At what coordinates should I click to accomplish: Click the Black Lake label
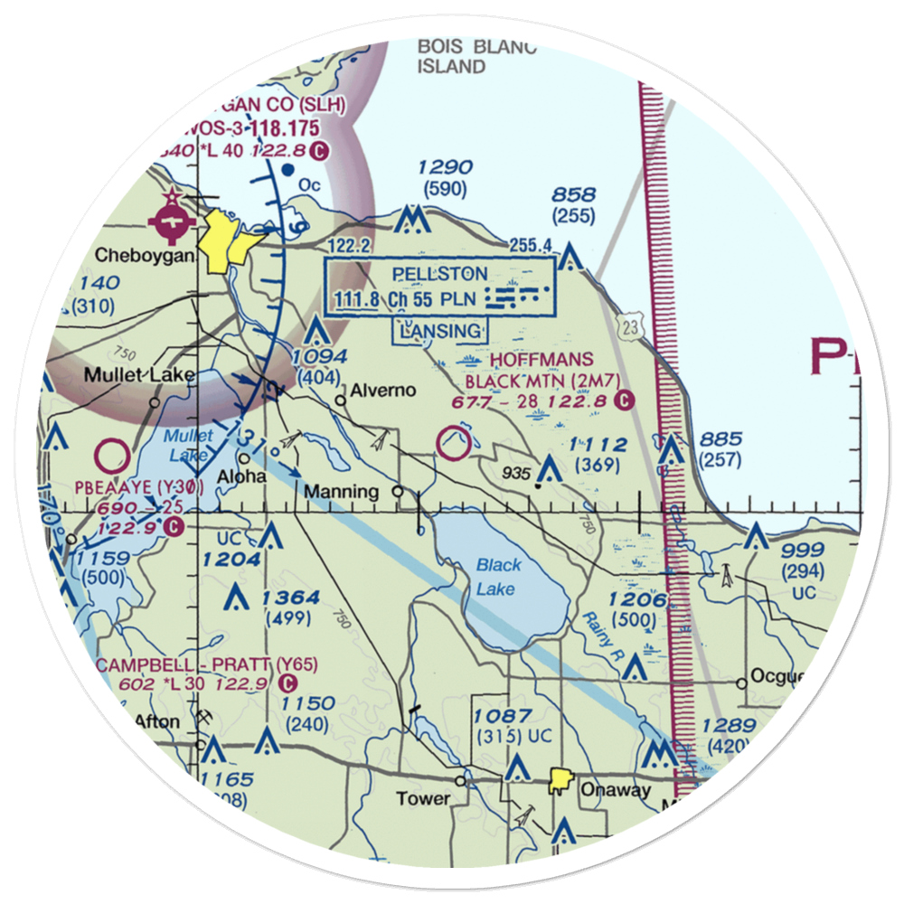tap(498, 578)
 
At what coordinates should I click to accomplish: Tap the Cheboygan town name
tap(145, 256)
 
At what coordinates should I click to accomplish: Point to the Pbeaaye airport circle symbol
tap(114, 456)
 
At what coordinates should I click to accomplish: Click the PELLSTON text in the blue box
tap(440, 274)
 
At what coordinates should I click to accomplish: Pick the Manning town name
tap(341, 492)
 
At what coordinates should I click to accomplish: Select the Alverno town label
tap(383, 391)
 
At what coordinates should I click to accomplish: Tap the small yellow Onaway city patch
tap(561, 778)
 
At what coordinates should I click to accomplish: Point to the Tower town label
tap(423, 798)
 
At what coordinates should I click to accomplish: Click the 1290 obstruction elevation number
tap(444, 167)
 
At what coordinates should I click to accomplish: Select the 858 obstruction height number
tap(573, 195)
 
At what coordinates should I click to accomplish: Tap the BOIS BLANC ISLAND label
tap(476, 56)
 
